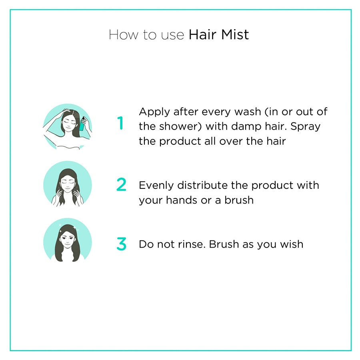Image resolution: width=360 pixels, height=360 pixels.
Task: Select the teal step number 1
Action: point(120,124)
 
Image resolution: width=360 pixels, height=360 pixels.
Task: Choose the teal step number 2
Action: point(121,184)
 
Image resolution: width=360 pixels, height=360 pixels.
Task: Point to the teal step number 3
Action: point(121,244)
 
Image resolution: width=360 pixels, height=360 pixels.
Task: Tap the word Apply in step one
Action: point(154,112)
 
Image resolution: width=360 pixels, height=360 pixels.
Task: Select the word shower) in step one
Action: point(180,126)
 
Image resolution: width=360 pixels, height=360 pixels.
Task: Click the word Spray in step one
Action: point(306,126)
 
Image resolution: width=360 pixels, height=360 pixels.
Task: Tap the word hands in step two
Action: point(180,200)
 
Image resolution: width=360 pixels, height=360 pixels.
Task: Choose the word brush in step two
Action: point(239,200)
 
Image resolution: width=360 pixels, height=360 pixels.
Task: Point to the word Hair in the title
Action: point(203,34)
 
